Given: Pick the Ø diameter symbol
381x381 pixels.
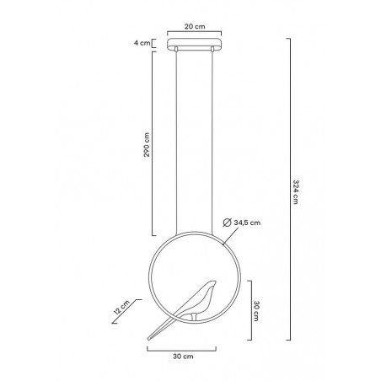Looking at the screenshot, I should click(228, 223).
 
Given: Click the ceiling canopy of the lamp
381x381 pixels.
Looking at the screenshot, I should click(196, 45).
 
